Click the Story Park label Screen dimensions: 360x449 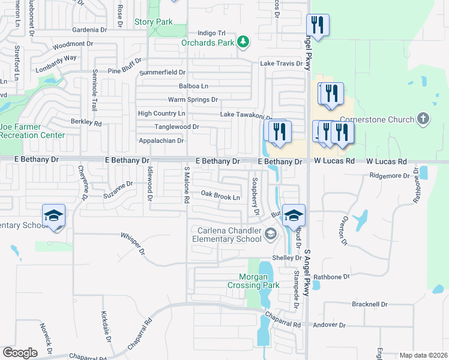click(x=154, y=22)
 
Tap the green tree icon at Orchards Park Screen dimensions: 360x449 click(x=243, y=41)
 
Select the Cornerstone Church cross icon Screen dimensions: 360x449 click(x=423, y=119)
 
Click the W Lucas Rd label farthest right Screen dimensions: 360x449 click(x=387, y=162)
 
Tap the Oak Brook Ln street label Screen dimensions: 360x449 click(x=220, y=195)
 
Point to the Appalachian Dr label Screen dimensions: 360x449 click(x=161, y=140)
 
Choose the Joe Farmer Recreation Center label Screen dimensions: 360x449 click(x=32, y=131)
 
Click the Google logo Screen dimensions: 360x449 click(x=20, y=352)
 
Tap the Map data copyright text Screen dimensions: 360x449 click(x=423, y=355)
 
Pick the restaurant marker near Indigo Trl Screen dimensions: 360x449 click(x=317, y=26)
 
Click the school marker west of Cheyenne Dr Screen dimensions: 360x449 click(x=53, y=216)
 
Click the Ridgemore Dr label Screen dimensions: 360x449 click(x=389, y=176)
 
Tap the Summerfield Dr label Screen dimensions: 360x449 click(x=162, y=73)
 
